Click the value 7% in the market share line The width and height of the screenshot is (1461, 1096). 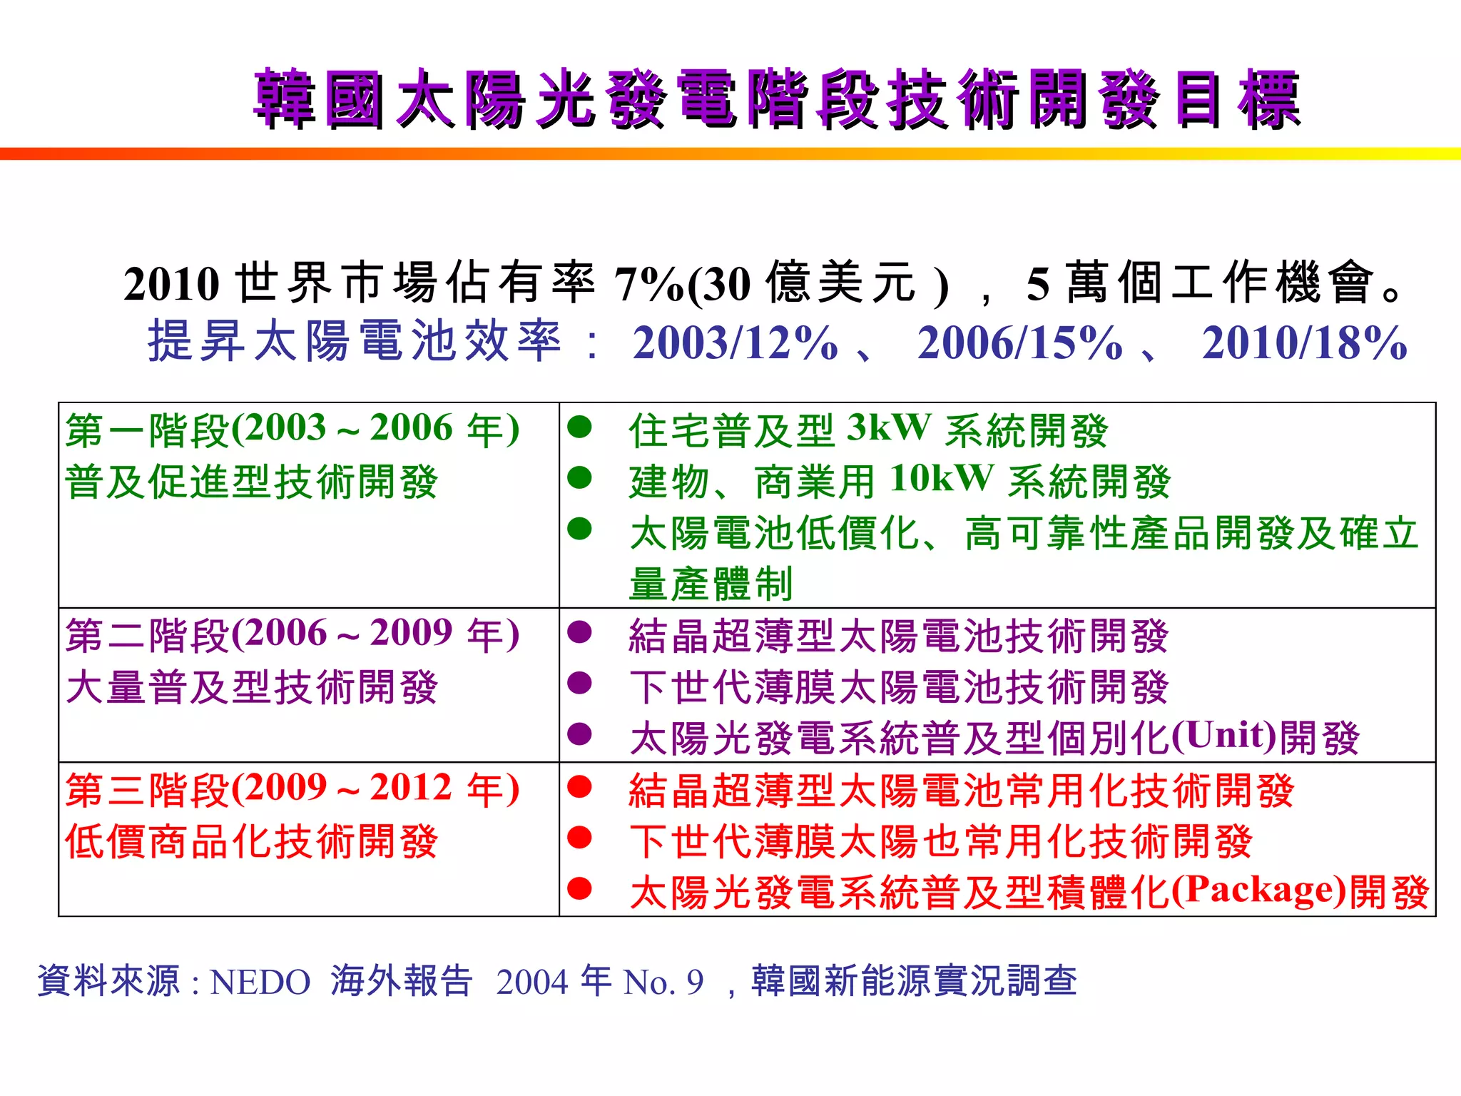(648, 284)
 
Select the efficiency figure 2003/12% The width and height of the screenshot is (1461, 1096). (735, 343)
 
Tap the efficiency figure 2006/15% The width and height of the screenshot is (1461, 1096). (1019, 343)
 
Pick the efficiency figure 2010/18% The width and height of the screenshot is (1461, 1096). (1304, 343)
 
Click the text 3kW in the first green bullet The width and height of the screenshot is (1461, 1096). (889, 428)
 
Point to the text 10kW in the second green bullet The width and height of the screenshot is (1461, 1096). (942, 479)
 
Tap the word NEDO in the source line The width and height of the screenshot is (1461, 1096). (260, 983)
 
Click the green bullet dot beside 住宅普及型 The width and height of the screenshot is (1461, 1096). (579, 427)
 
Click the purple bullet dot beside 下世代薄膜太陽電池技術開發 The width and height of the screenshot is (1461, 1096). (579, 683)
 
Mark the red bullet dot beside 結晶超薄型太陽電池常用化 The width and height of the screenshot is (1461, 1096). (579, 786)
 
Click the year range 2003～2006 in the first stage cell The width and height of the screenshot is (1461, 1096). (348, 428)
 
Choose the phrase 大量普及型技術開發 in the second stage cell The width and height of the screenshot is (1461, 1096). (252, 688)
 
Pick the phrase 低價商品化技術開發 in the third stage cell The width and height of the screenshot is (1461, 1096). (252, 842)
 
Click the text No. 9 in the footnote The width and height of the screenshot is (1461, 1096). (663, 983)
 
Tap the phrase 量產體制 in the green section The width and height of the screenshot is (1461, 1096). (711, 584)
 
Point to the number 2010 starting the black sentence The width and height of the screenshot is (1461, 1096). (171, 284)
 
